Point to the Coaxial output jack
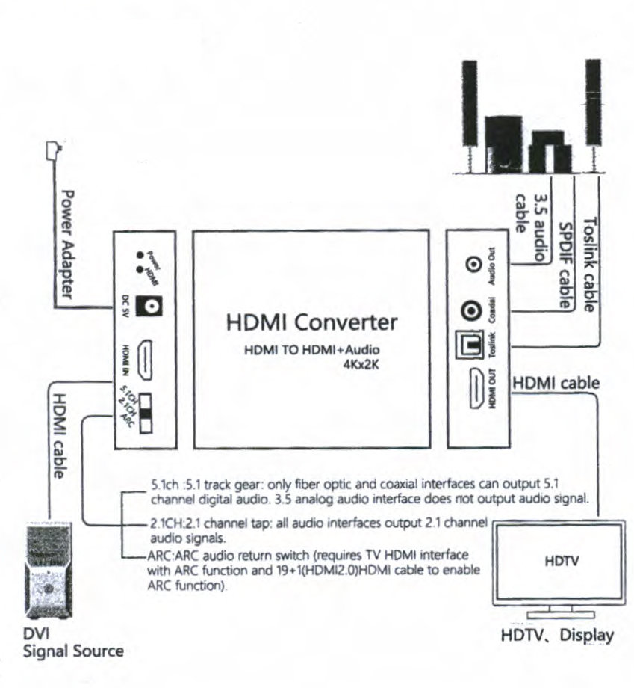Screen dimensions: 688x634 471,309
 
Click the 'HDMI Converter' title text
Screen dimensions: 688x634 311,323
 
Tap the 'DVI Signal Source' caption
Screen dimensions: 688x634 72,643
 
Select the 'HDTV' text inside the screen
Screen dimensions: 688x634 559,559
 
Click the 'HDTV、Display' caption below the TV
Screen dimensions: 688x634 557,636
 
